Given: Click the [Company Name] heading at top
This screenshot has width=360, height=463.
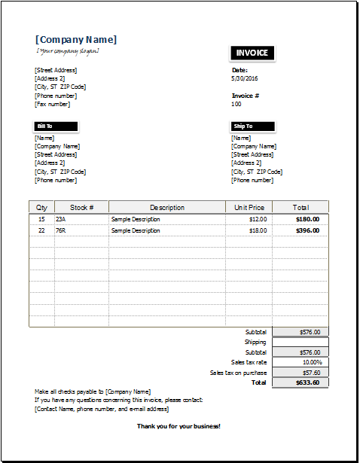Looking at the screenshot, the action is [x=76, y=40].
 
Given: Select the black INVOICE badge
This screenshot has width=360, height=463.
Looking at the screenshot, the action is [x=252, y=53].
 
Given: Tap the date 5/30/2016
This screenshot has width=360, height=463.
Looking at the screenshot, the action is [x=245, y=78].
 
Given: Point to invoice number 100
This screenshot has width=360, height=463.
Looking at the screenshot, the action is [x=236, y=104].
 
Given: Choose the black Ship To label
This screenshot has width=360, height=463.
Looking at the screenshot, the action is [x=252, y=126].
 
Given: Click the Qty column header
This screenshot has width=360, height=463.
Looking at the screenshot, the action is [x=41, y=207].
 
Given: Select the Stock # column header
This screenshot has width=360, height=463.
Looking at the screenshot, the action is [x=81, y=207].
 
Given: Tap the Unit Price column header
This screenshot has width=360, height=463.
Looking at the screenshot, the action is [x=249, y=207].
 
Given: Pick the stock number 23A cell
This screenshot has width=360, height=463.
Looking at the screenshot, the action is [x=61, y=219].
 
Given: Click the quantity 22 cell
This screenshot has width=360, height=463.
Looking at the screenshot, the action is [x=41, y=230].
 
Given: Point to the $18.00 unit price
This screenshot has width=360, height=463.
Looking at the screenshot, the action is [x=258, y=230].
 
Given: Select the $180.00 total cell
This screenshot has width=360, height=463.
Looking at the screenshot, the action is [x=307, y=219].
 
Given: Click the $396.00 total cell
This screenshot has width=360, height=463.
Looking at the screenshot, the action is [x=307, y=230].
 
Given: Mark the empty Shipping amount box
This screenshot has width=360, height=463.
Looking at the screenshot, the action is [x=301, y=342].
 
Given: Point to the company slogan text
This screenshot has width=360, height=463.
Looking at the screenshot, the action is [x=68, y=51].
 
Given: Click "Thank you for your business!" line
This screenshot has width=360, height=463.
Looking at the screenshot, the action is [x=178, y=426].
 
